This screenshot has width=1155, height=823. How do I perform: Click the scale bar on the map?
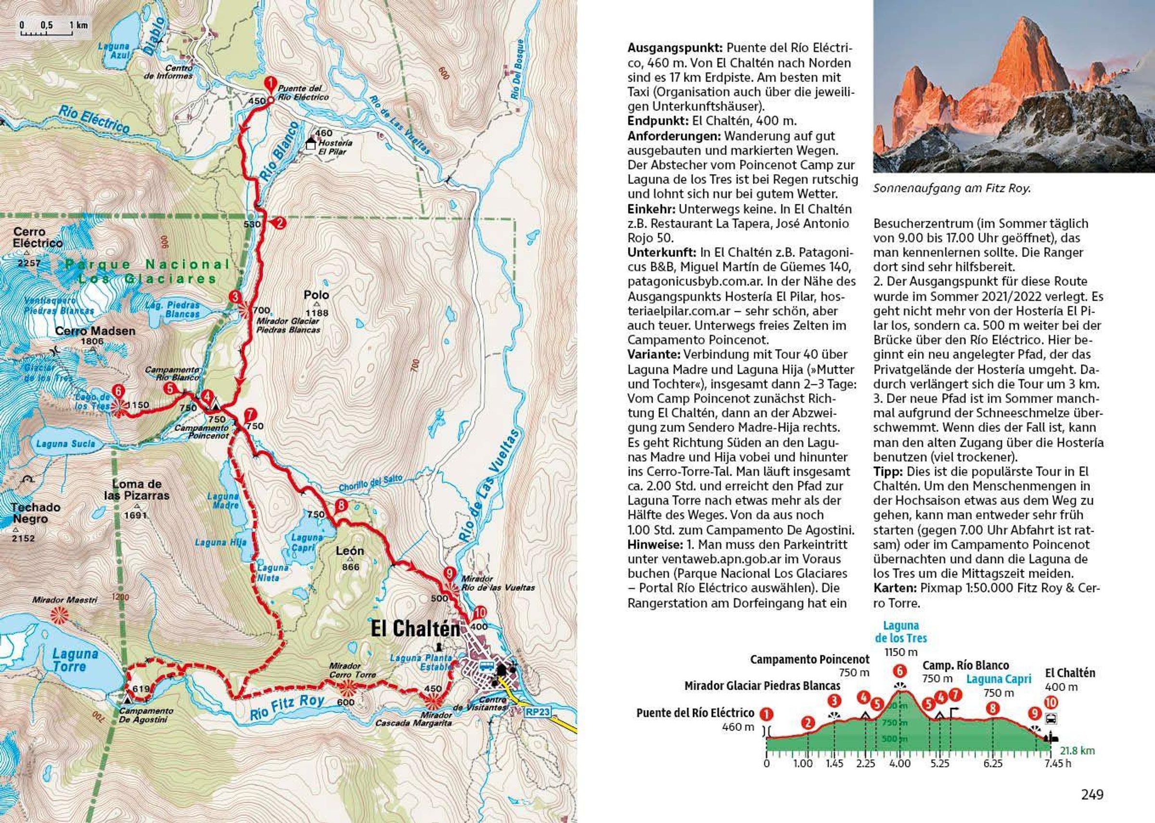54,30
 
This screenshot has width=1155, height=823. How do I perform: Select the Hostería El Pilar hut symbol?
311,143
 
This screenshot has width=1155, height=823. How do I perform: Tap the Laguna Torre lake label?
76,660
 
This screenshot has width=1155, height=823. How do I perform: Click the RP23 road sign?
538,711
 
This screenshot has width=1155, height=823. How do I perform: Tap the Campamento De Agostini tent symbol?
127,698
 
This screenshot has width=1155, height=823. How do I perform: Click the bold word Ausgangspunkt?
674,48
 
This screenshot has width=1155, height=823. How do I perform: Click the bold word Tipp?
888,471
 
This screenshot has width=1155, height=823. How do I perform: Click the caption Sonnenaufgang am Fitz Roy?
952,189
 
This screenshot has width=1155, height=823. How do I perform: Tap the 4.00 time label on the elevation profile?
899,763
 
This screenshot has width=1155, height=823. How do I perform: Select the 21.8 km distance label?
1077,750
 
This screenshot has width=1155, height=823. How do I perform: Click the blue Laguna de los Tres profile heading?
901,632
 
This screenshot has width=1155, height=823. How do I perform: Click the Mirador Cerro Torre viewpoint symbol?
348,687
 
